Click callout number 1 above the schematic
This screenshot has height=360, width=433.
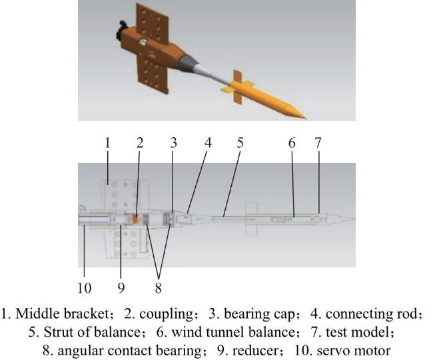point(107,143)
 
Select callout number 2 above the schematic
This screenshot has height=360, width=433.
point(140,143)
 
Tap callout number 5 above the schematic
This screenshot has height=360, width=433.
point(240,143)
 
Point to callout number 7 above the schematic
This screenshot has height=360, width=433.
point(318,143)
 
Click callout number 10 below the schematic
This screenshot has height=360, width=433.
point(84,288)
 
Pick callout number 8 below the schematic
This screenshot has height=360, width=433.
point(159,288)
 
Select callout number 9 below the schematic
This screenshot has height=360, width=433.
point(121,288)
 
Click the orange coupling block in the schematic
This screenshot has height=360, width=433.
point(135,218)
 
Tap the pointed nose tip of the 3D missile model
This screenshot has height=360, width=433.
point(305,118)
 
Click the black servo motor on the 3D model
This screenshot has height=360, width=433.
point(121,31)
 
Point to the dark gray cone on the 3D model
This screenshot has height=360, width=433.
point(186,63)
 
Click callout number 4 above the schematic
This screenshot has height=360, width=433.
point(209,143)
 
